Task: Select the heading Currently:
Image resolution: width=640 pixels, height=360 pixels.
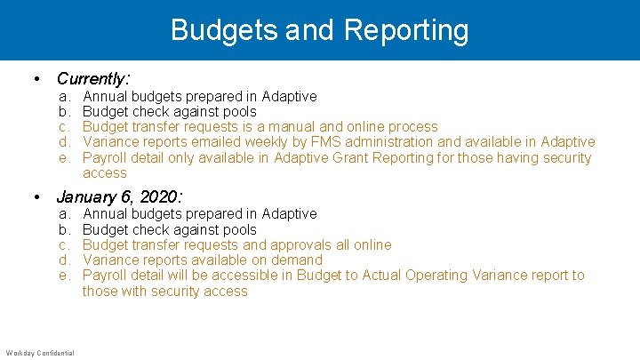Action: [x=93, y=79]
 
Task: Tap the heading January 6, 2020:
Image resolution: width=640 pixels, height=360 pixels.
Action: [x=119, y=196]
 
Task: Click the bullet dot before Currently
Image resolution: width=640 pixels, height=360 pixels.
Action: [x=36, y=80]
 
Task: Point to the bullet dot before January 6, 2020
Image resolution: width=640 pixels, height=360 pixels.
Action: [x=36, y=197]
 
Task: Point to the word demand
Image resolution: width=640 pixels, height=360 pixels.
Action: [x=298, y=260]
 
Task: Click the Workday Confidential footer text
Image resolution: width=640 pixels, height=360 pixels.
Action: [x=39, y=353]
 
